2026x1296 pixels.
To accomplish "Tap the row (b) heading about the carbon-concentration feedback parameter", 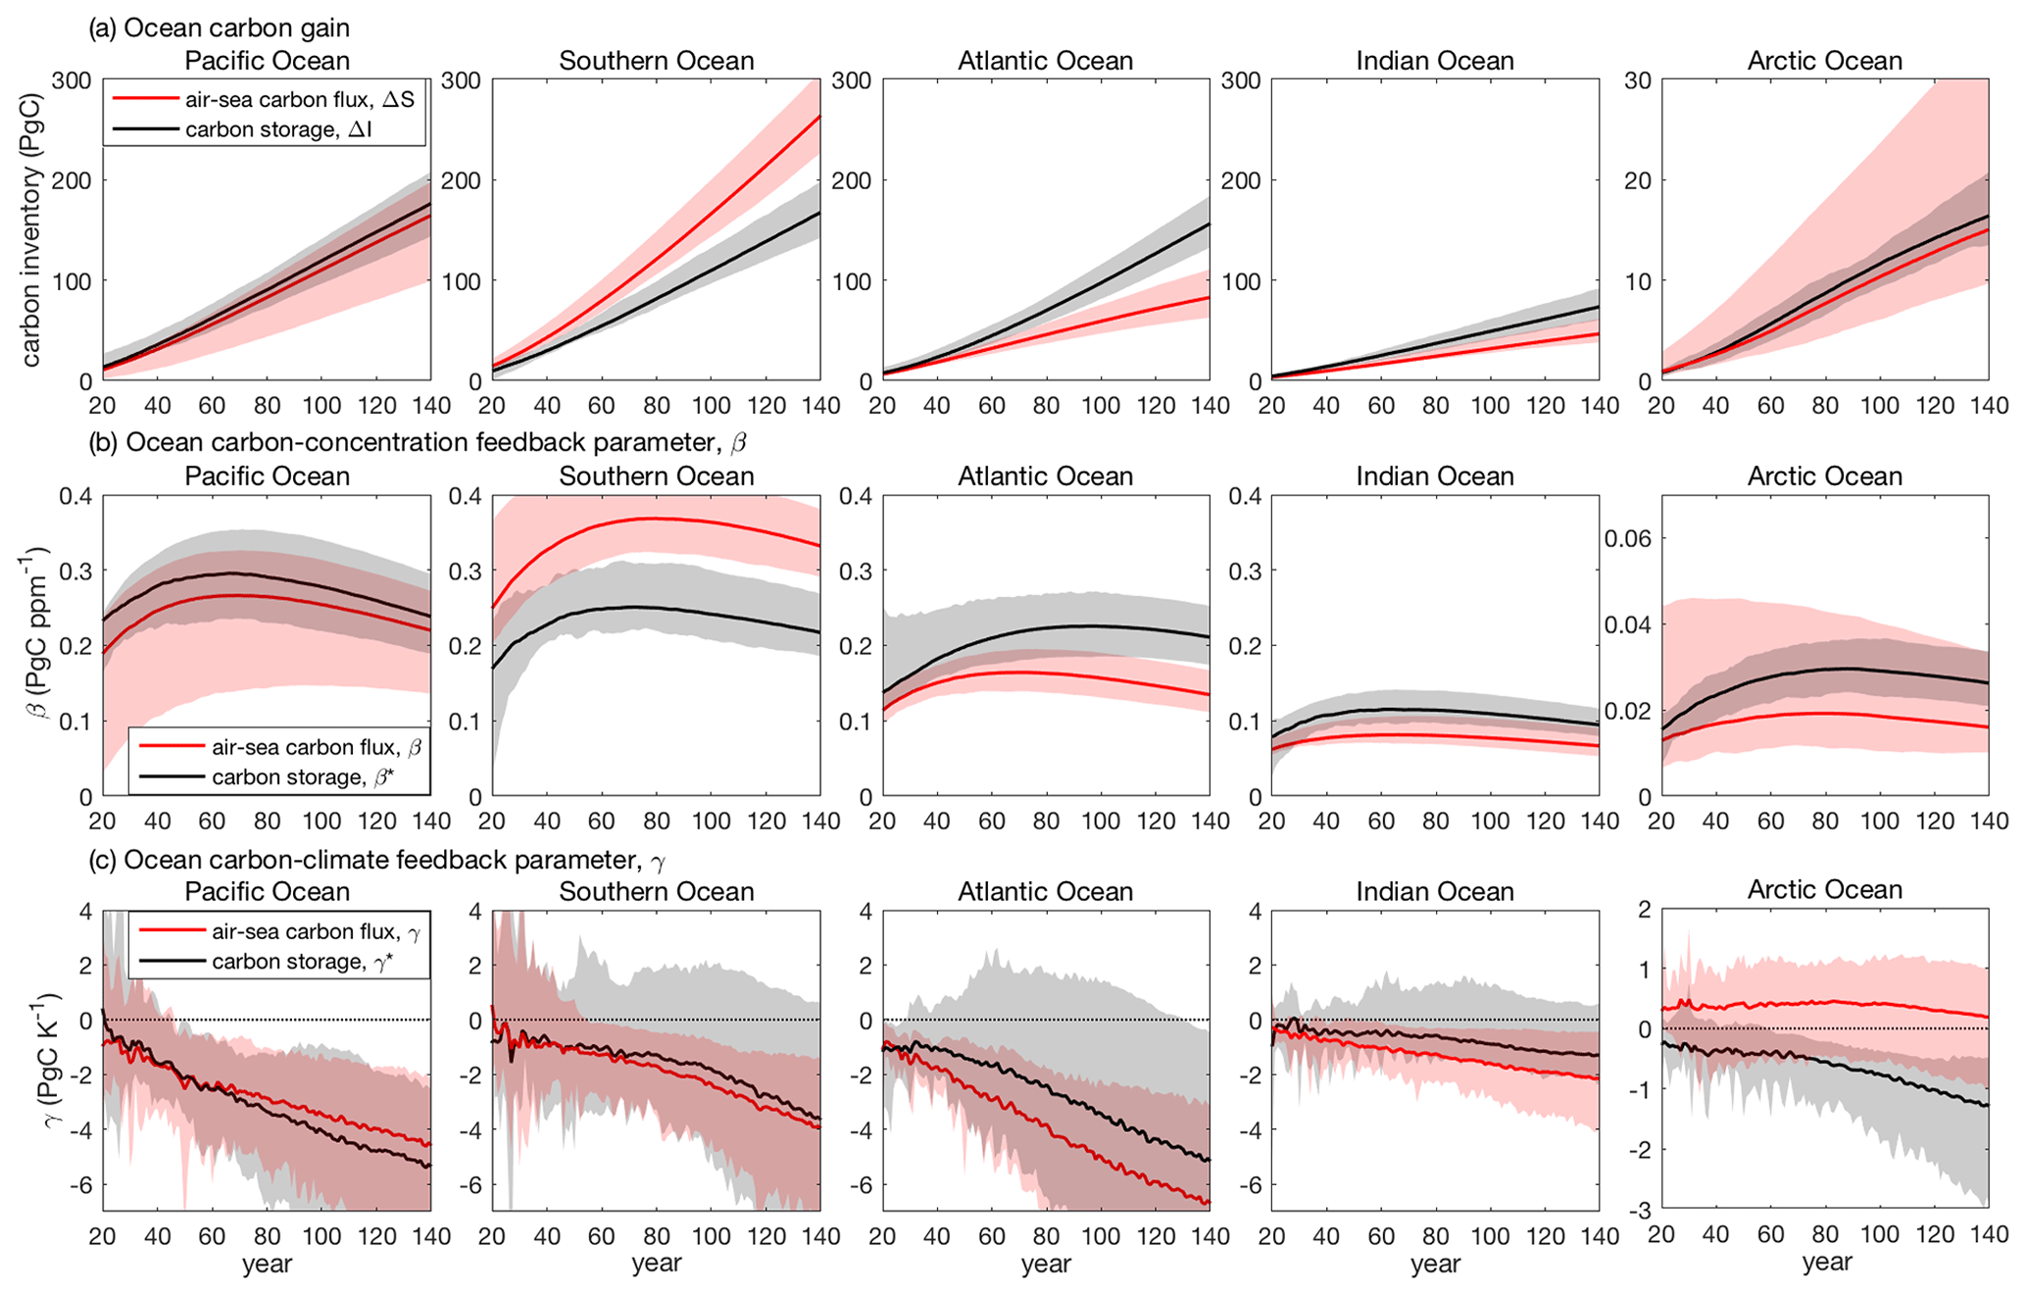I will tap(417, 442).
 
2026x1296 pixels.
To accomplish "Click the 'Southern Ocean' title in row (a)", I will tap(656, 61).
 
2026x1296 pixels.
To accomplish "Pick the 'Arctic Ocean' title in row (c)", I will tap(1824, 889).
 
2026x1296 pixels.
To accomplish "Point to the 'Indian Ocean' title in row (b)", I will tap(1434, 476).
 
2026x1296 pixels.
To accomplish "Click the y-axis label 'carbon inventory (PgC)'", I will tap(31, 229).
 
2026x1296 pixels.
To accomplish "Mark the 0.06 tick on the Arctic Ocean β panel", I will tap(1627, 538).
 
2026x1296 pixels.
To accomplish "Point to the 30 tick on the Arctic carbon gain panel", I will tap(1638, 80).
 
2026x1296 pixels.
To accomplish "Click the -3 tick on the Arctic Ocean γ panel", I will tap(1639, 1209).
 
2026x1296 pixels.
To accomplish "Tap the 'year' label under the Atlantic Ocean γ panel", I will tap(1045, 1264).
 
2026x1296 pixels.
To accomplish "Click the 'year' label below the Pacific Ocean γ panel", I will tap(267, 1264).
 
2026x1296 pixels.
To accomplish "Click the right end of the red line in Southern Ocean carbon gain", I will tap(819, 116).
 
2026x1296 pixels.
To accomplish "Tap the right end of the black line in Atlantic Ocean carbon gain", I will tap(1209, 224).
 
